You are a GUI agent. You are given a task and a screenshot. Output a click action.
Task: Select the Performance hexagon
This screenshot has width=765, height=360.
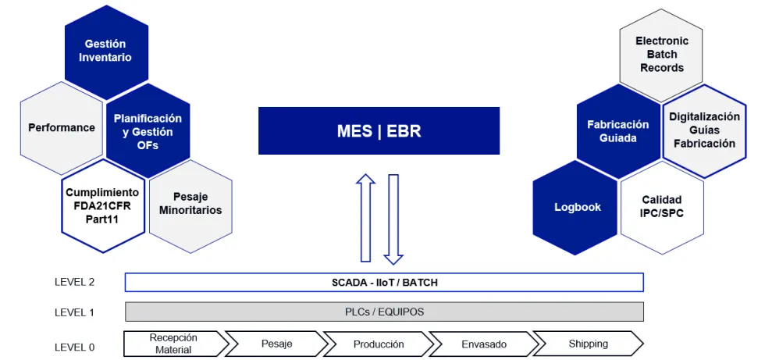coord(62,127)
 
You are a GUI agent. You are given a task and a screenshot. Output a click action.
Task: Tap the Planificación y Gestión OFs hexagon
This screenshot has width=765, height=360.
coord(148,131)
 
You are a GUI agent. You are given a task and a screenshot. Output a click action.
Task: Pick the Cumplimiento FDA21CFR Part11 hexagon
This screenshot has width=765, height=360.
coord(102,205)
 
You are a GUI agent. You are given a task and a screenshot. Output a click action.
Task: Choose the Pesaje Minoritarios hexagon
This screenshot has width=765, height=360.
coord(190,204)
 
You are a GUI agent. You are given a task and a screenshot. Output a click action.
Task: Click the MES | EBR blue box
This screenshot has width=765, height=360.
coord(379,131)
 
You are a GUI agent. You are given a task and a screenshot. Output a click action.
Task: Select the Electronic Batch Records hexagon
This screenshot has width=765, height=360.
coord(661,55)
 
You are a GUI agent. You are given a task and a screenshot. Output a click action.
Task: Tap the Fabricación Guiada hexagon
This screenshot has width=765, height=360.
coord(618,131)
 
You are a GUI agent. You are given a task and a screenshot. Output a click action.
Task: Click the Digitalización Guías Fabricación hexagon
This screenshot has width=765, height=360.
coord(704,130)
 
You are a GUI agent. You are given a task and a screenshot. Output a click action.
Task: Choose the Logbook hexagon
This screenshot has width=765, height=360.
coord(577,207)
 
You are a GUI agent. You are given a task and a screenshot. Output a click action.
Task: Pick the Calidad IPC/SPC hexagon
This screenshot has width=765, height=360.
coord(662,206)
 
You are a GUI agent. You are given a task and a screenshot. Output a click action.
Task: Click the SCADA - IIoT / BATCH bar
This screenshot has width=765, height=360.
coord(384,282)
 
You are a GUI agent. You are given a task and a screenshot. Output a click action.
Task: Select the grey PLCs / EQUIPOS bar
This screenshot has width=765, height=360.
coord(384,312)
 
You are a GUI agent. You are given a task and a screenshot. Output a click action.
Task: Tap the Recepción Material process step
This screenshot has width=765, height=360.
coord(173,344)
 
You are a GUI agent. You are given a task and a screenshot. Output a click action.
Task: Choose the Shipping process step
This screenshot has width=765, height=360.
coord(588,344)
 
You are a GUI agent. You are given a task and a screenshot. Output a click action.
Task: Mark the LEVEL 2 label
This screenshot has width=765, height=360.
coord(74,282)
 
